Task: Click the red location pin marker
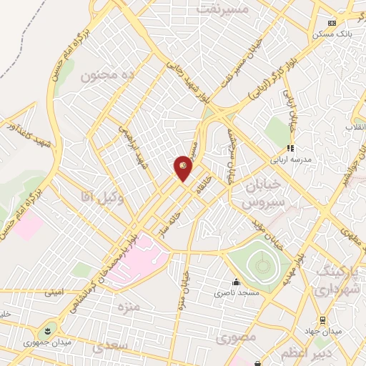click(184, 168)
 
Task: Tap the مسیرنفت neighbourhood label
click(225, 9)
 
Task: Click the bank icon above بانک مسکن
click(331, 23)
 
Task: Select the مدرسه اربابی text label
click(290, 159)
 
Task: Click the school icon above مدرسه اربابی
click(290, 148)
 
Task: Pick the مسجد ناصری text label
click(236, 293)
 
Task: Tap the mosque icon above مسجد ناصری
click(236, 282)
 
